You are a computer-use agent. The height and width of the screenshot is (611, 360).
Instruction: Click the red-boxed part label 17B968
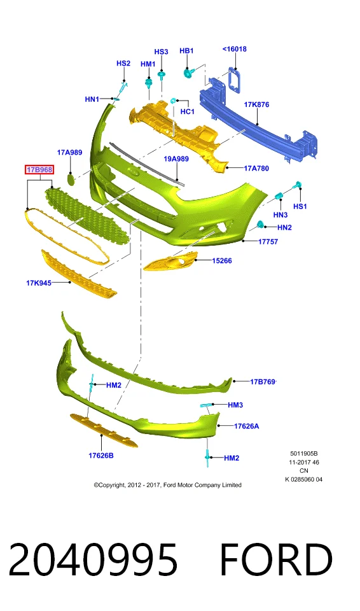click(x=39, y=170)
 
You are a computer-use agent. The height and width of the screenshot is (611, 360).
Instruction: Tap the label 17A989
click(x=70, y=152)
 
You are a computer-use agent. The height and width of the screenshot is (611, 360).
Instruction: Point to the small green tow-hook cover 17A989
click(x=70, y=179)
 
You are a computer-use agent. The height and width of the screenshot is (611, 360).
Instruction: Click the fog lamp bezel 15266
click(x=170, y=261)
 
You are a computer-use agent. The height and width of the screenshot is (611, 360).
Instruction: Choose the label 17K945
click(x=39, y=283)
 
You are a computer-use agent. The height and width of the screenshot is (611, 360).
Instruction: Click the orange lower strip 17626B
click(x=104, y=430)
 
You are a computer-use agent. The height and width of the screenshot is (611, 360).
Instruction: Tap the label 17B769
click(x=263, y=382)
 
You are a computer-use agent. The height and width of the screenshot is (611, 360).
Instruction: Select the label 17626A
click(x=246, y=426)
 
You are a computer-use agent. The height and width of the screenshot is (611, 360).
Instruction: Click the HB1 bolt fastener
click(x=188, y=72)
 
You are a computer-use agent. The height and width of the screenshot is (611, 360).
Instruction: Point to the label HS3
click(x=161, y=52)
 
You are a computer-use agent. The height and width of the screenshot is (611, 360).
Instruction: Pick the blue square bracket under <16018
click(x=235, y=80)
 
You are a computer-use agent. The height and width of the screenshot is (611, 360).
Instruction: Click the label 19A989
click(x=176, y=159)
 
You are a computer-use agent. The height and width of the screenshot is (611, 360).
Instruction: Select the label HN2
click(x=284, y=228)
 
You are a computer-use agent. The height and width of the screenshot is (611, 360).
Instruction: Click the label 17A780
click(x=256, y=168)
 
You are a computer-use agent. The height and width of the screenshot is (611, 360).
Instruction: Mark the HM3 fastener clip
click(x=205, y=407)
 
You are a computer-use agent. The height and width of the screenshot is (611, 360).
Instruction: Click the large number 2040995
click(x=93, y=559)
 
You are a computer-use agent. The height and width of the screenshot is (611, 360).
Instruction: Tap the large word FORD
click(x=276, y=559)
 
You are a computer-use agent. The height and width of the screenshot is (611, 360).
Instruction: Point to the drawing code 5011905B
click(x=304, y=454)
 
